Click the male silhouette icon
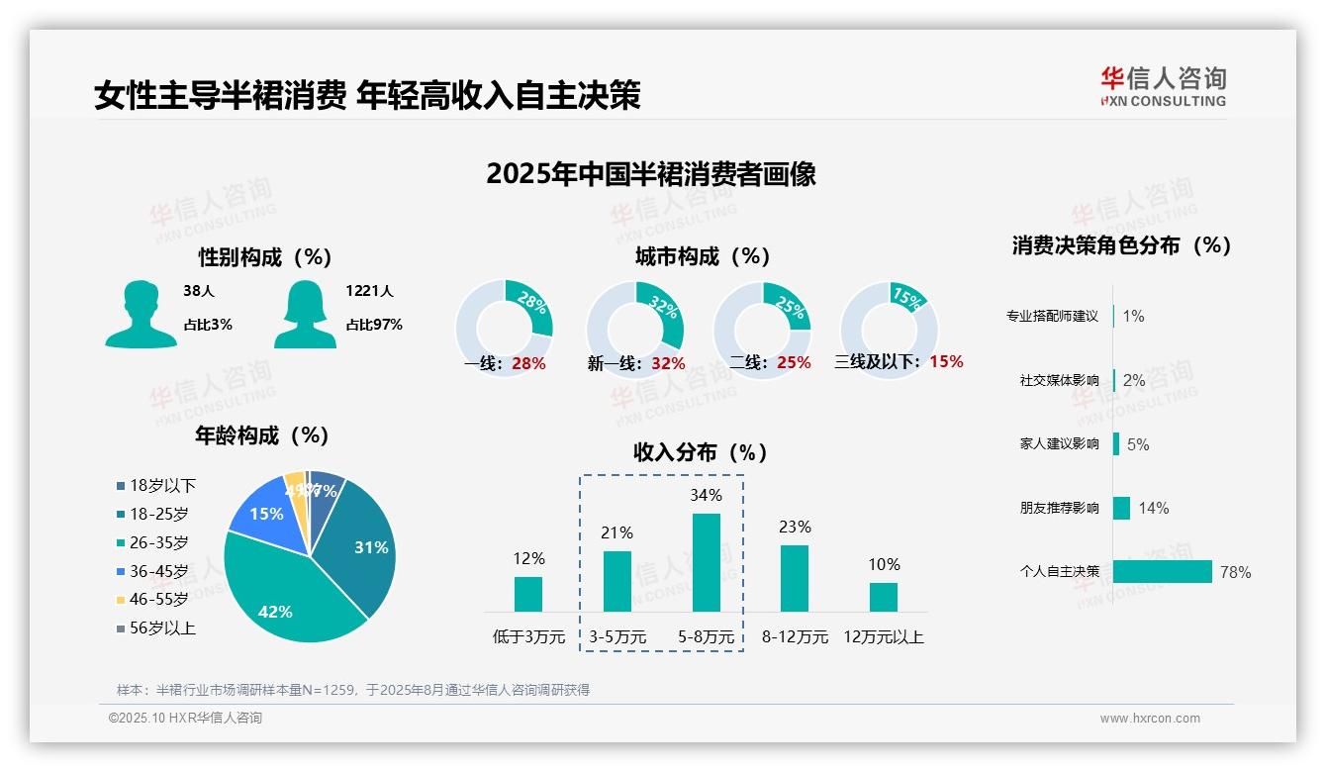click(141, 314)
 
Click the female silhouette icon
click(305, 314)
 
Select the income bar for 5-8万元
click(707, 562)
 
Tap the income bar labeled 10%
click(884, 597)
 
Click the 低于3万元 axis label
click(527, 636)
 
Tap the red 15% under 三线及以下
click(946, 361)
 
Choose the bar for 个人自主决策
click(1162, 571)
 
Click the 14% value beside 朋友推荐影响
click(1153, 508)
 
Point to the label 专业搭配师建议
click(1052, 316)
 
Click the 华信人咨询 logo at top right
click(1163, 86)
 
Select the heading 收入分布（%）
click(701, 452)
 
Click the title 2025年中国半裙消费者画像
click(650, 174)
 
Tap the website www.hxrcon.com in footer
click(1150, 719)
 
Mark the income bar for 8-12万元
click(795, 578)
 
